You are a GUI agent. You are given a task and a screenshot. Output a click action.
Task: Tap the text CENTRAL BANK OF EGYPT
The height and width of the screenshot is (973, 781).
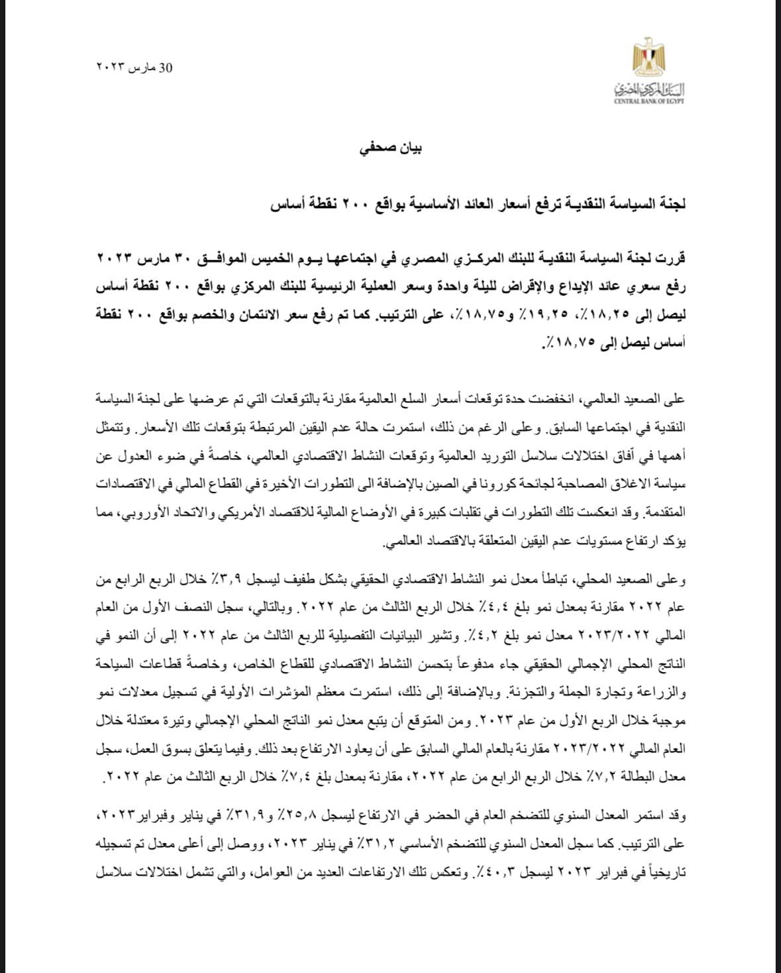point(649,100)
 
